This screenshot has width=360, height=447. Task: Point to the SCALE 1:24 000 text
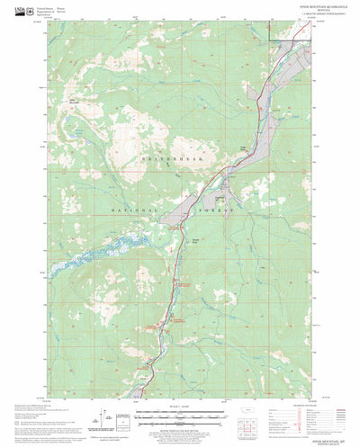pyautogui.click(x=179, y=406)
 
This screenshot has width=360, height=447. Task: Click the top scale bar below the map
pyautogui.click(x=179, y=411)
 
